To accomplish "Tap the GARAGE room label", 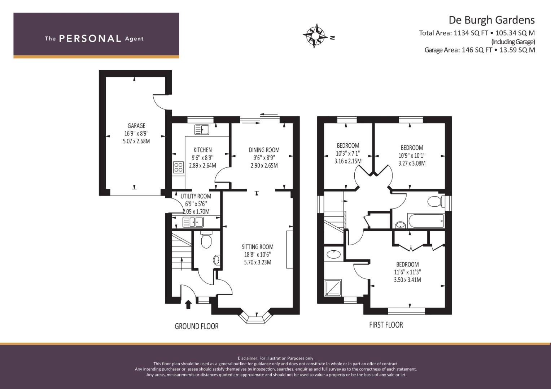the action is [136, 126].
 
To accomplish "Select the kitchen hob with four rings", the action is [178, 167].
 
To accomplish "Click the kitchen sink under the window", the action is [202, 130].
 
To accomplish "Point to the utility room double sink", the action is [193, 222].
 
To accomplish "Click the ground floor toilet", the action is [206, 240].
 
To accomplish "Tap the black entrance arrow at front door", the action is [188, 304].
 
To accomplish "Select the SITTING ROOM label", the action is [258, 247].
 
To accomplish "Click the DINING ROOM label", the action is [264, 150].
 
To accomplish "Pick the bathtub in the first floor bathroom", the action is [426, 221].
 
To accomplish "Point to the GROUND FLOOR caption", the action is [197, 326].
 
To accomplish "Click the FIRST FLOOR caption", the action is [386, 325].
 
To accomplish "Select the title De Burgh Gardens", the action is [492, 20].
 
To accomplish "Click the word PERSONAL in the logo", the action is [90, 39].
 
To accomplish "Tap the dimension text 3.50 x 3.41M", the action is [407, 280].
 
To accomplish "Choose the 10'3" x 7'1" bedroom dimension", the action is [348, 153].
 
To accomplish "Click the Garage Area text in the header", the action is [480, 50].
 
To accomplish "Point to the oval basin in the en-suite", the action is [333, 254].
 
